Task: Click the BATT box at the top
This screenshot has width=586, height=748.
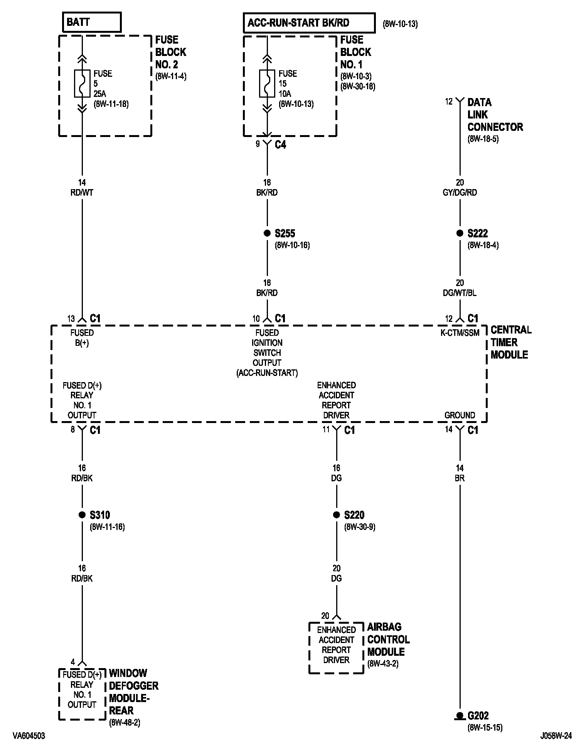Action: coord(92,22)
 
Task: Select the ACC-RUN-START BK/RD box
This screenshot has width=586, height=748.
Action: coord(309,23)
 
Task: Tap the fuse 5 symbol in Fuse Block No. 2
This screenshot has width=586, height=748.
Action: coord(82,83)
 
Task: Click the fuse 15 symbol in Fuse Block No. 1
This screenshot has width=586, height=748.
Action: coord(267,83)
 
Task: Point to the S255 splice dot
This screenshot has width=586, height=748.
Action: coord(267,233)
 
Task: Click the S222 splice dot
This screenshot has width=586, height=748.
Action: coord(460,233)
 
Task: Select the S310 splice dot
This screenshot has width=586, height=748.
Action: coord(82,515)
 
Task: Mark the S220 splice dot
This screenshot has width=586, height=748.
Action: coord(336,515)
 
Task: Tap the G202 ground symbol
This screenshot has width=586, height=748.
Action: coord(460,716)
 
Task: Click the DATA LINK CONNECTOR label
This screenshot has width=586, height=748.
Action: coord(495,115)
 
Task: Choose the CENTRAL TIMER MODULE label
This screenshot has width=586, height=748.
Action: coord(510,342)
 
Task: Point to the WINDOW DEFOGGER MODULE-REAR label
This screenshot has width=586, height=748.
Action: coord(133,692)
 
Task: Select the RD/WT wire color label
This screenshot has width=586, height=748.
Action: coord(82,193)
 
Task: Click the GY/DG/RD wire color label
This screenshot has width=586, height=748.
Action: coord(460,193)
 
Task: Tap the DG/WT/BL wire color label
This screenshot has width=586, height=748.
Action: coord(460,293)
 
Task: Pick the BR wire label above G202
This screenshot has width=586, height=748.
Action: coord(460,478)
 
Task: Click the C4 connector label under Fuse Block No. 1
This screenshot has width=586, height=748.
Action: coord(280,145)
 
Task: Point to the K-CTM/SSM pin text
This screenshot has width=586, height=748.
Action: coord(460,333)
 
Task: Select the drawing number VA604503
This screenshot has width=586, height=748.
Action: coord(29,736)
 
